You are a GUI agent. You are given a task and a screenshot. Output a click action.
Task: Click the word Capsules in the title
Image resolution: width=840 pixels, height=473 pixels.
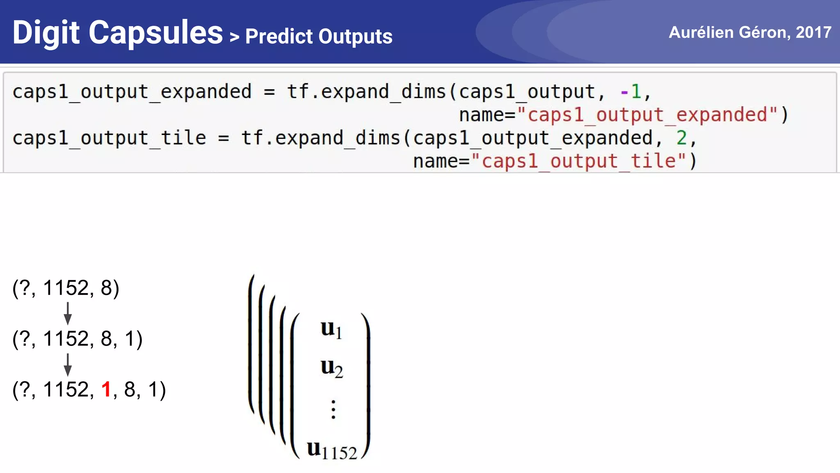[x=156, y=33]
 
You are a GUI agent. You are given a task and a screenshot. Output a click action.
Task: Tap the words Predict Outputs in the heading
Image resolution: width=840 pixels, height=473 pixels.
[x=319, y=37]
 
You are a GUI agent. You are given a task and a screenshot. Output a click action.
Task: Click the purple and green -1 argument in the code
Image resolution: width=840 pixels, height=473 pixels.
[x=631, y=92]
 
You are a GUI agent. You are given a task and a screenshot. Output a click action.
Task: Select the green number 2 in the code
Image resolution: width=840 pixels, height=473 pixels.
[x=682, y=138]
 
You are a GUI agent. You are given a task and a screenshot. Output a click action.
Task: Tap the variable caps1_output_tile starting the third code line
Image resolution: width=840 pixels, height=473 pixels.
[x=109, y=138]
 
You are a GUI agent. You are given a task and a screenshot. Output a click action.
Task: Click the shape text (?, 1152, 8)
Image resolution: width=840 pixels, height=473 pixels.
[x=66, y=288]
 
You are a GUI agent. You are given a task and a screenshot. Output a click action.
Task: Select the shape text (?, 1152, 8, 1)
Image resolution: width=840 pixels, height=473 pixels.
[x=77, y=339]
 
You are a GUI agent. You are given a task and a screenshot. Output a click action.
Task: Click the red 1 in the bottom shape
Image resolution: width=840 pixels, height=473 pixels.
[x=106, y=389]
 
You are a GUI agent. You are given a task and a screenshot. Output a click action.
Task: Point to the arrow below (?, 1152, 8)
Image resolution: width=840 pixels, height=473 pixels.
[x=68, y=313]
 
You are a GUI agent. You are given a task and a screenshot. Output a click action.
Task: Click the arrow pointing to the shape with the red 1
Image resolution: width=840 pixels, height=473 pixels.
[x=68, y=365]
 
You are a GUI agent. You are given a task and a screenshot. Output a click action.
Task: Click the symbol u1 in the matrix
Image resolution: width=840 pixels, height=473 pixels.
[x=331, y=329]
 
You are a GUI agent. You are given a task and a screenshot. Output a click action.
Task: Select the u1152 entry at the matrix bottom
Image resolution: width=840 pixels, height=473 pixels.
[x=332, y=450]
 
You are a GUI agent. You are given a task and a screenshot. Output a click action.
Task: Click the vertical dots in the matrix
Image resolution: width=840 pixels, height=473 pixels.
[x=333, y=409]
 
